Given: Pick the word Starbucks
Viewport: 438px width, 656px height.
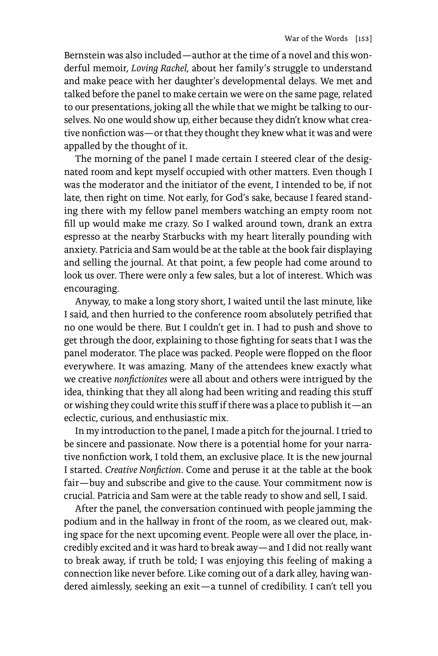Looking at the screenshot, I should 183,236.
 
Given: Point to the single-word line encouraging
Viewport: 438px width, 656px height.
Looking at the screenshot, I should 91,289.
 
